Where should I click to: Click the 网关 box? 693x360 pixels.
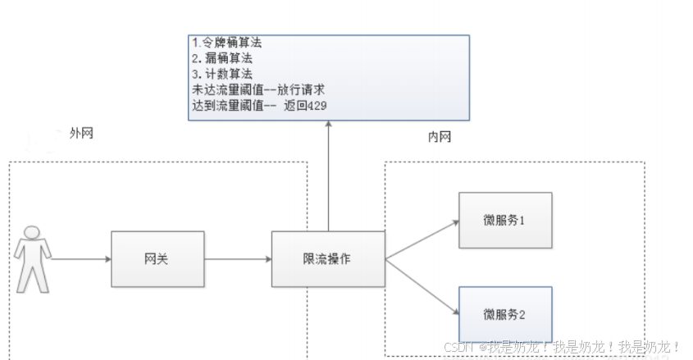[x=157, y=259]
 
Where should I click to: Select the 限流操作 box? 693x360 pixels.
[x=328, y=259]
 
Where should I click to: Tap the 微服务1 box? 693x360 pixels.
[x=505, y=220]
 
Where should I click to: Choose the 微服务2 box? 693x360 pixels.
[x=505, y=313]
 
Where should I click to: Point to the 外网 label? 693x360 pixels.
[x=81, y=134]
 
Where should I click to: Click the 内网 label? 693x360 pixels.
[x=440, y=137]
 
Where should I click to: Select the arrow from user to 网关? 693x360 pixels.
[x=80, y=259]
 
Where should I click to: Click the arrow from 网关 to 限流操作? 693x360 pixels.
[x=237, y=259]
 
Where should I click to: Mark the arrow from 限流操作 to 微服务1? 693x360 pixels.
[x=420, y=239]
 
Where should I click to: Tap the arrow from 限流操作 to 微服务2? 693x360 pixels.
[x=420, y=285]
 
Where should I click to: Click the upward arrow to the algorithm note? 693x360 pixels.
[x=328, y=176]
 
